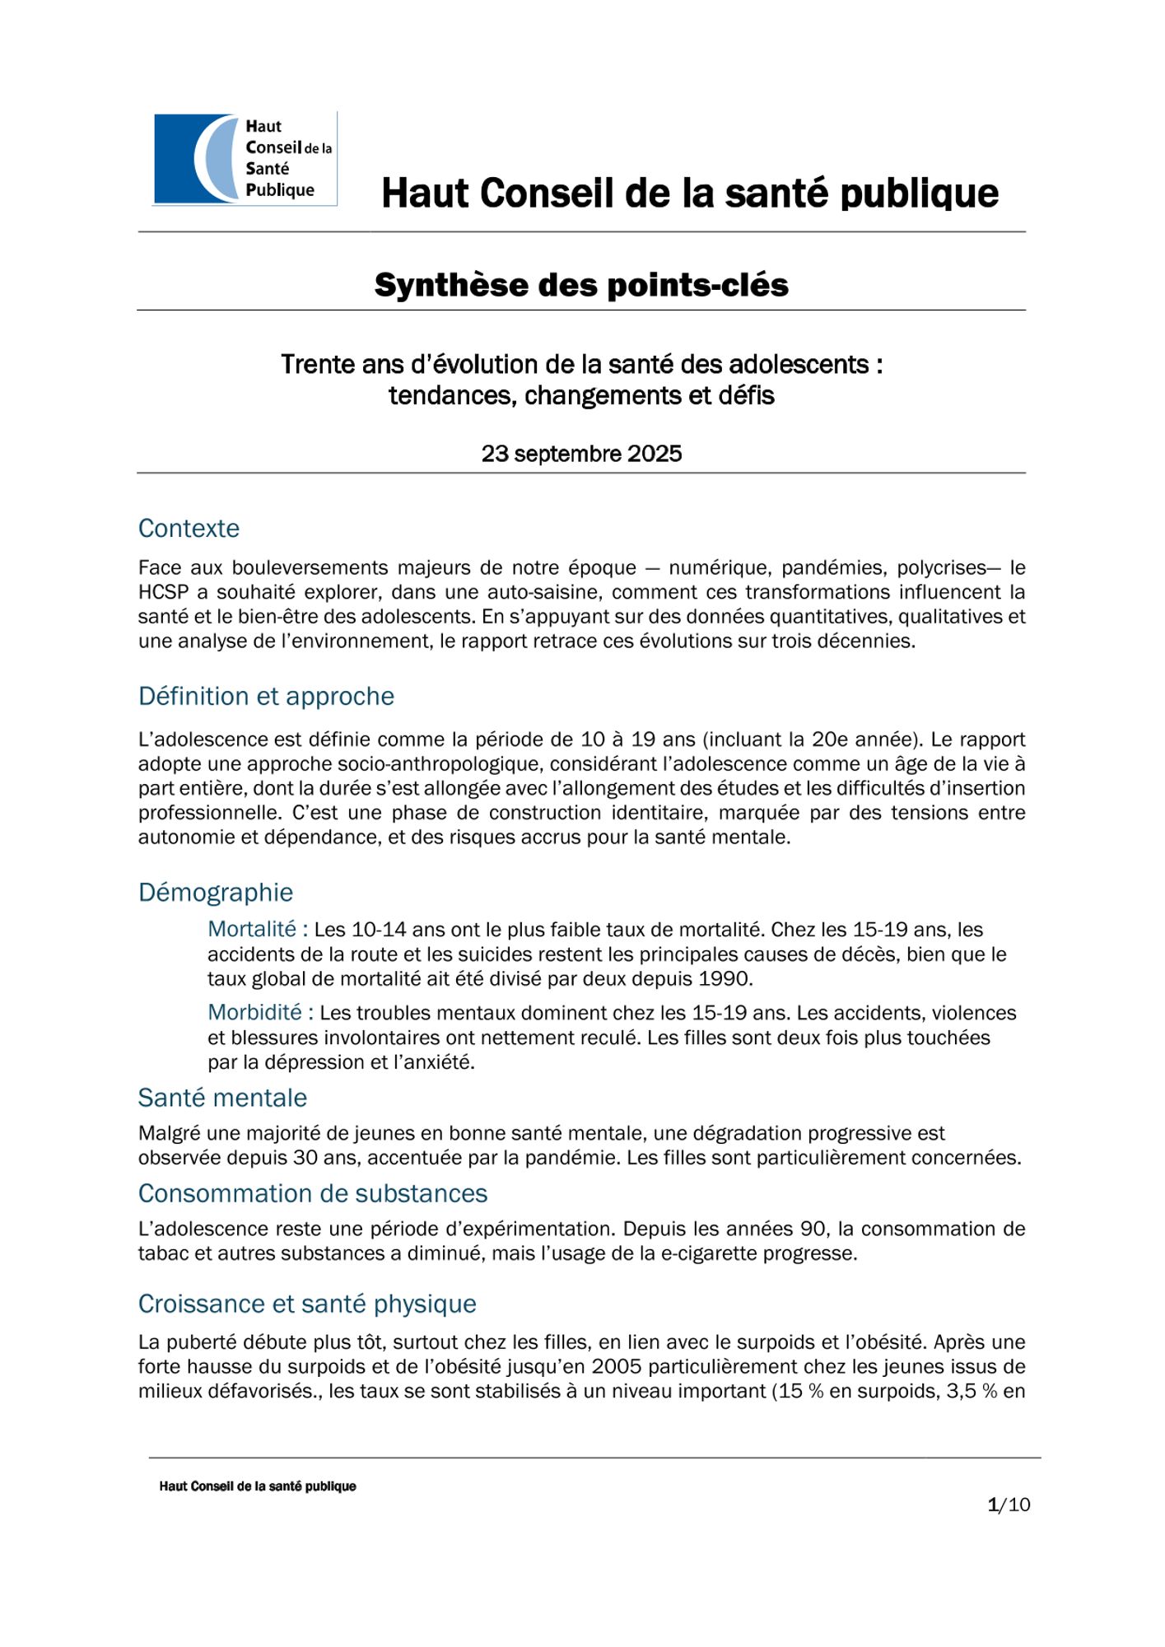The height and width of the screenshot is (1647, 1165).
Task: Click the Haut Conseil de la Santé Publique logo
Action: [245, 159]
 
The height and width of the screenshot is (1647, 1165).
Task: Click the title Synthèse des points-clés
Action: [581, 285]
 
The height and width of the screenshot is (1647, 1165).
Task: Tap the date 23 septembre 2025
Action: [581, 454]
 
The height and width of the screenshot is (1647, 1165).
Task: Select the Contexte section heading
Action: [189, 528]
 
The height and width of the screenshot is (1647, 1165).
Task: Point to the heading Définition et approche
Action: [266, 696]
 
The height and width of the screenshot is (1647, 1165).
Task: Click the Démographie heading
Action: [215, 892]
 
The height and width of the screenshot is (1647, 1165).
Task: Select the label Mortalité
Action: [252, 929]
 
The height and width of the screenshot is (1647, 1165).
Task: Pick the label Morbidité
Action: [255, 1012]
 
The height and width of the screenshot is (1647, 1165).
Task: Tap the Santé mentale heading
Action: [222, 1098]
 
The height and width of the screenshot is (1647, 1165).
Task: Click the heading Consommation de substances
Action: [312, 1193]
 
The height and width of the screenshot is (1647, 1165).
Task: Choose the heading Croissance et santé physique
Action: [307, 1304]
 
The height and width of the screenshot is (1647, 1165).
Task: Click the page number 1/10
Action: [1009, 1505]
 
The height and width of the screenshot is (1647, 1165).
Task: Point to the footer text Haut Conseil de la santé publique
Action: [258, 1486]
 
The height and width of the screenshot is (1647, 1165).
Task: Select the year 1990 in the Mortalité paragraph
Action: [725, 979]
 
